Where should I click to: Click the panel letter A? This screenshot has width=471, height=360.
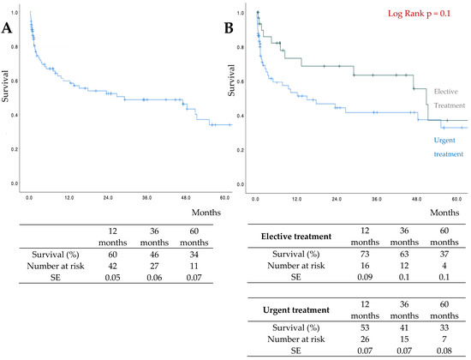pos(7,28)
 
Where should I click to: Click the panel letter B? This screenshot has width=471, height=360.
pos(229,28)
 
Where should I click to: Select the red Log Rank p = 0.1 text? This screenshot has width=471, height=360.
pos(419,14)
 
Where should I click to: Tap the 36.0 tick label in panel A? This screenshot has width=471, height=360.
pos(147,198)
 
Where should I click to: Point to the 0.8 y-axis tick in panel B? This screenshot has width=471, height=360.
pos(241,47)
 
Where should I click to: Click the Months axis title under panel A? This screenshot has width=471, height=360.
pos(206,213)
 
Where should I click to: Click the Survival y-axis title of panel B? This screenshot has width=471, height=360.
pos(231,81)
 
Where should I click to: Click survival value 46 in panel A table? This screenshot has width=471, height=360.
pos(154,255)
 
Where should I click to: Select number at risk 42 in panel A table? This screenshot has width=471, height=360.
pos(113,267)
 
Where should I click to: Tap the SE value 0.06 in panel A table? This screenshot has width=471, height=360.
pos(154,278)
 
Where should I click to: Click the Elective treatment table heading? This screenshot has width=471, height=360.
pos(296,237)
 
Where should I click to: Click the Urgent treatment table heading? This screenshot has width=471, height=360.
pos(296,310)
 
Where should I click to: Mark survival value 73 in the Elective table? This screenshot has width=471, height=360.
pos(365,254)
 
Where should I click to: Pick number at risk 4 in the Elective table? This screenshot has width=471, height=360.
pos(444,266)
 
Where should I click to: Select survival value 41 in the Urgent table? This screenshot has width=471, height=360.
pos(404,327)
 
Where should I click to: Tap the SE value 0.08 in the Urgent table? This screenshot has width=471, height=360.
pos(444,351)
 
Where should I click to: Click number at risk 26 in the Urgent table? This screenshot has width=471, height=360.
pos(365,339)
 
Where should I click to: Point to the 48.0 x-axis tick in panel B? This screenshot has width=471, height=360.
pos(417,199)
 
